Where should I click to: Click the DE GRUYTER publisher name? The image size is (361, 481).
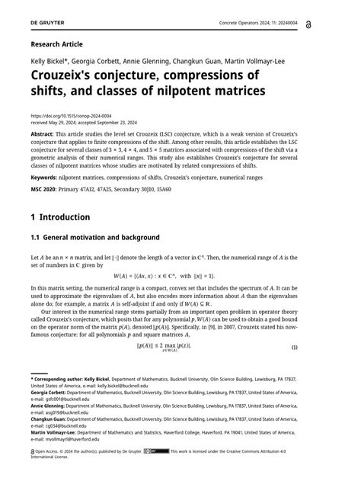[x=46, y=25]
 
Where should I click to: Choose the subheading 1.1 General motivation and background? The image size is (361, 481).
[x=94, y=237]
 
